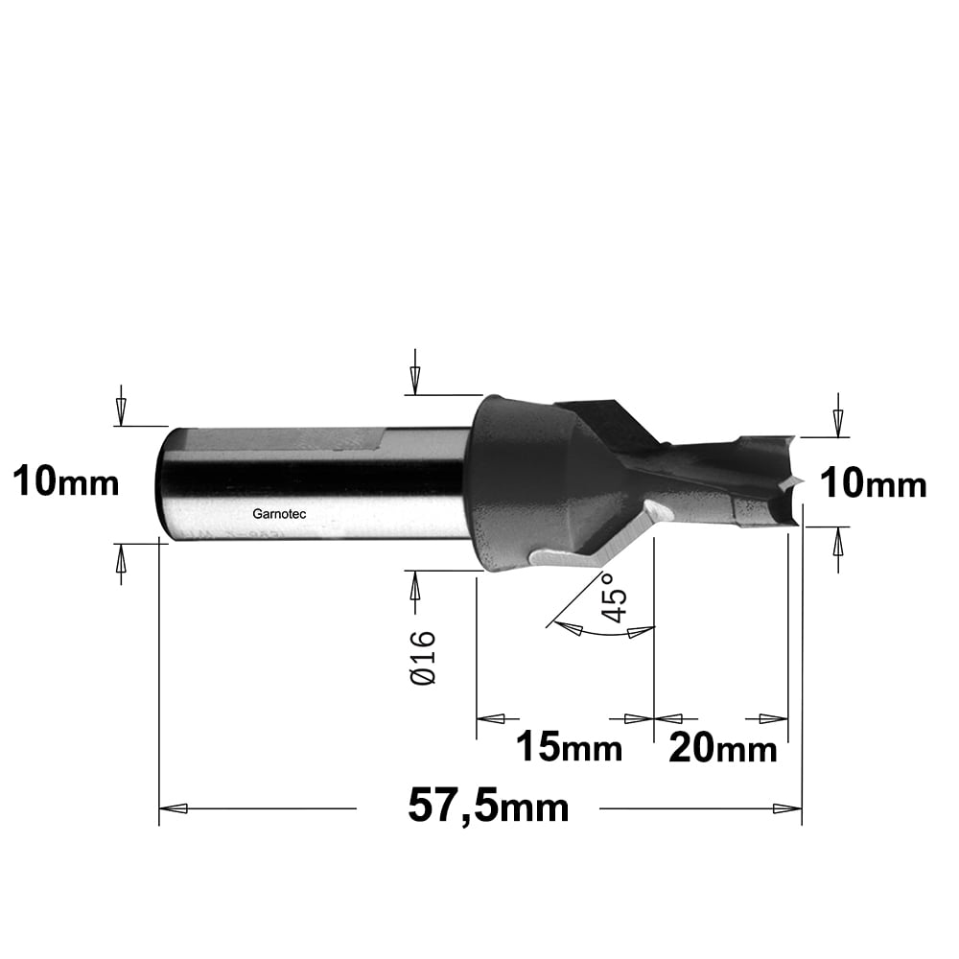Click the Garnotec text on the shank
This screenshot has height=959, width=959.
[x=279, y=514]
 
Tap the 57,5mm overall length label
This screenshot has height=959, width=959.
[x=488, y=807]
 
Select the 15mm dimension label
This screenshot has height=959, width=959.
[x=569, y=747]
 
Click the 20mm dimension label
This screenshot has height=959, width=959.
[x=722, y=747]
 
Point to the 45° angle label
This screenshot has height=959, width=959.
[x=614, y=597]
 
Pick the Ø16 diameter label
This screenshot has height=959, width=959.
[x=423, y=658]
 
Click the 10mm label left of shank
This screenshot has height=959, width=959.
[x=65, y=481]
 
